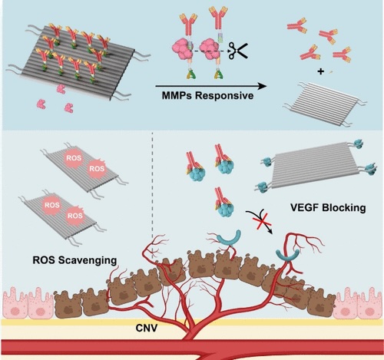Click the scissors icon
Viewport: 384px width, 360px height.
coord(238,51)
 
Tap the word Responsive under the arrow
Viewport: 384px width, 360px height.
coord(223,97)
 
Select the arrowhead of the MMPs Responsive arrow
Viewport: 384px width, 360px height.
coord(262,86)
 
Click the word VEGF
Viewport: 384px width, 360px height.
coord(305,207)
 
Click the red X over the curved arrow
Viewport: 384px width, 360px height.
coord(262,220)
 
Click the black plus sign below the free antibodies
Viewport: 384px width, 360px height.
coord(320,71)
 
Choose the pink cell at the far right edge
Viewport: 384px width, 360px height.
coord(370,304)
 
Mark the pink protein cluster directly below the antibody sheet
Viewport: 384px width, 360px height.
coord(61,89)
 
